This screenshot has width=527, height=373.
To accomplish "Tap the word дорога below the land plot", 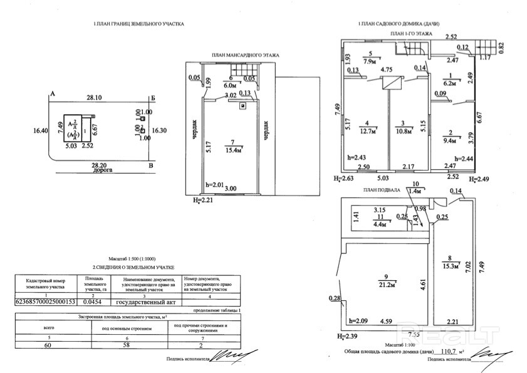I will click(99, 170).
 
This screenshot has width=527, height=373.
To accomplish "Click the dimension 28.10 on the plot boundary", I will click(94, 98).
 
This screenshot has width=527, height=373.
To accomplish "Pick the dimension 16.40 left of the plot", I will click(41, 131).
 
